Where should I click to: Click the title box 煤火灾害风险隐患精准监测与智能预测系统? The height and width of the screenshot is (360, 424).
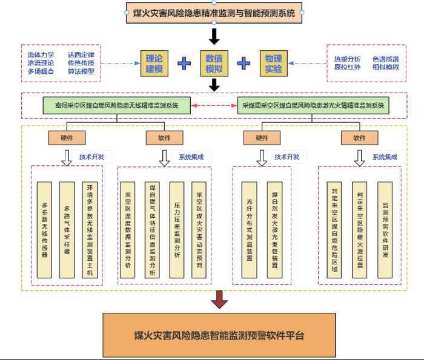tap(214, 13)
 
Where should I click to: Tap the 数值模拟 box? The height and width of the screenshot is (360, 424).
tap(214, 63)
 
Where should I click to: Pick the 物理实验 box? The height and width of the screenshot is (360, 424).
tap(273, 63)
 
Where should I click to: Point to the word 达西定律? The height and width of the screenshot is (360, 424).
tap(81, 54)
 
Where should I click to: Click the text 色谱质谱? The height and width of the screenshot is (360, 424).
tap(386, 58)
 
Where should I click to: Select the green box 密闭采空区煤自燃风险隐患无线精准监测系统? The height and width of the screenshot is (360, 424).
tap(117, 104)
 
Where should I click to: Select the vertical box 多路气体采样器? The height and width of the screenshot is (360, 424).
tap(67, 229)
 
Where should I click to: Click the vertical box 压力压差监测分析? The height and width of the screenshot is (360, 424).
tap(176, 229)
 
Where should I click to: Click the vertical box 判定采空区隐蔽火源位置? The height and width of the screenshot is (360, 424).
tap(360, 229)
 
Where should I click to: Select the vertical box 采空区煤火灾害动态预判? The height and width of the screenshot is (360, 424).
tap(200, 229)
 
